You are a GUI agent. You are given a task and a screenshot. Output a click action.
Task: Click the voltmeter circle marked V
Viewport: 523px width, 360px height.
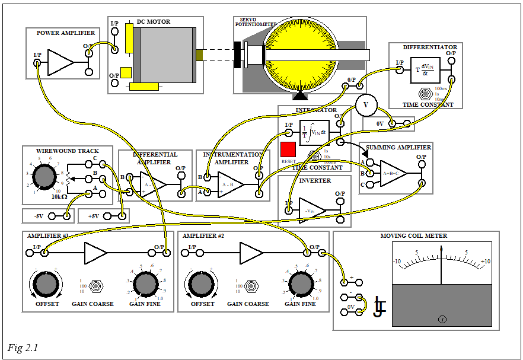tap(365, 105)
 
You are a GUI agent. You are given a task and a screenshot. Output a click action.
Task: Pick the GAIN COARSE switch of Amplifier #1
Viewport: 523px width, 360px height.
tap(94, 285)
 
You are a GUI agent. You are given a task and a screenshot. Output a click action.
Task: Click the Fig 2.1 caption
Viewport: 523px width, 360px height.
tap(23, 348)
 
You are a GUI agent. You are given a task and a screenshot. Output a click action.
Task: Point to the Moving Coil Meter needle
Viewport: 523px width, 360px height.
tap(441, 265)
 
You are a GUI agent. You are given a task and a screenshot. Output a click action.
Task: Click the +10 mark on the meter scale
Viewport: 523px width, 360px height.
tap(485, 262)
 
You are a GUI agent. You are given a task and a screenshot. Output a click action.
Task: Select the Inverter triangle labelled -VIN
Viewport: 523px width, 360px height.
tap(312, 211)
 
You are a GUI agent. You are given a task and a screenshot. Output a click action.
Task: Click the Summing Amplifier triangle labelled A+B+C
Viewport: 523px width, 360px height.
tap(393, 174)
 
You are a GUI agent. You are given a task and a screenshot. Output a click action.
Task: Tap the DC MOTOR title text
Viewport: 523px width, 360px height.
tap(154, 22)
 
